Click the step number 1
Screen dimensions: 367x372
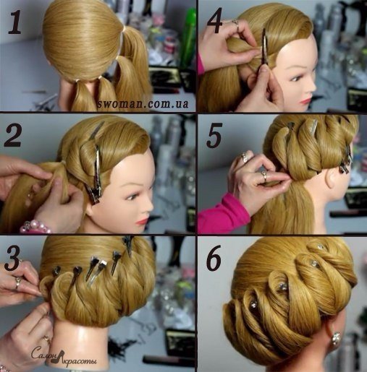[x=15, y=21]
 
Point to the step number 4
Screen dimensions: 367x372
[x=215, y=21]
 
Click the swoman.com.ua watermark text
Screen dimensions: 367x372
[x=143, y=103]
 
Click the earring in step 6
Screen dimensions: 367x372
[x=336, y=338]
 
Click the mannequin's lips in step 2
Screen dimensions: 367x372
[x=143, y=220]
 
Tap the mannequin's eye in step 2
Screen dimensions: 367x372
[x=132, y=196]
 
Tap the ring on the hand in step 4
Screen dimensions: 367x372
[x=235, y=23]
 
